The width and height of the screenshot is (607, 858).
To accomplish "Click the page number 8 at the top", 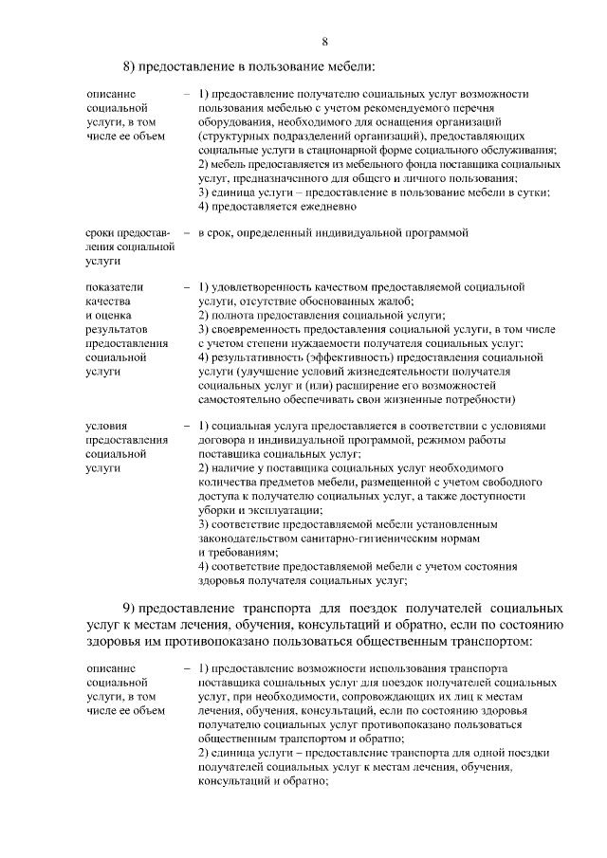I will point(324,40).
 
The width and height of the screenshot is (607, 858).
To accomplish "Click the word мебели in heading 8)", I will point(350,65).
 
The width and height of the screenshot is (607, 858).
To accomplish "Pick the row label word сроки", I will point(101,232).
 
